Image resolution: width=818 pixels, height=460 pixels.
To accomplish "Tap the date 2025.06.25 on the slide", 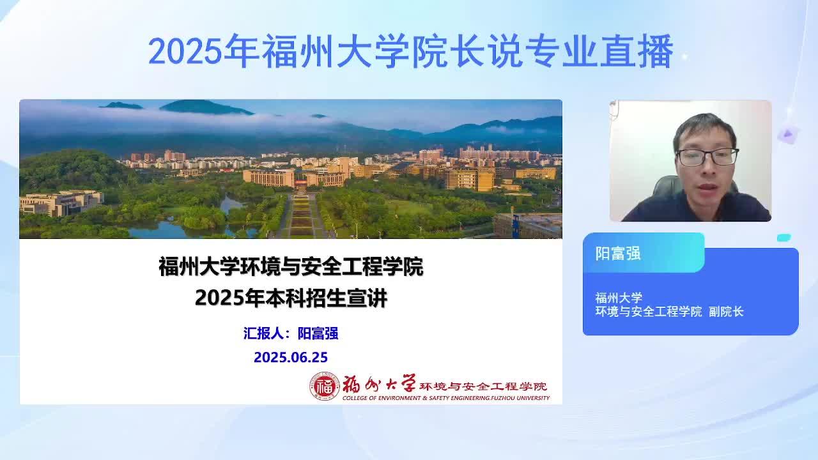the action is (x=291, y=357).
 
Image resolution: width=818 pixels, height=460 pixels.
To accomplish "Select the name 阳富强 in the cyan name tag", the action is (x=618, y=254).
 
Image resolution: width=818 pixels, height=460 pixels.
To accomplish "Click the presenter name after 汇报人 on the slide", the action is (x=318, y=333).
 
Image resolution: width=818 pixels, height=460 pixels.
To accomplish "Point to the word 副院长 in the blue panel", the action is (x=726, y=311).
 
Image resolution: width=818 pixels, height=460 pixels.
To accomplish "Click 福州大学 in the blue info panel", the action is (x=619, y=298).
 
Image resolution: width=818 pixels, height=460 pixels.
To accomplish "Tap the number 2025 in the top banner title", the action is (x=185, y=51).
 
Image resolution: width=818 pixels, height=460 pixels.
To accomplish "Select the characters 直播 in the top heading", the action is (x=637, y=50).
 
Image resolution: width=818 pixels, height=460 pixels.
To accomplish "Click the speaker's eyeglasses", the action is (x=707, y=157).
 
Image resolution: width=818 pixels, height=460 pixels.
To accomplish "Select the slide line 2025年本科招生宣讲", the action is (x=291, y=298).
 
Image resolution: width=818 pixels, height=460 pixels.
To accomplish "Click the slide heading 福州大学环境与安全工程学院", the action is (x=291, y=266).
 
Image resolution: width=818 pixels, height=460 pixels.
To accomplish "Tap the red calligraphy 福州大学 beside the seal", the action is (x=379, y=384).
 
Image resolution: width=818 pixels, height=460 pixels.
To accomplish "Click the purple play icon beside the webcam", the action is (x=788, y=134).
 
